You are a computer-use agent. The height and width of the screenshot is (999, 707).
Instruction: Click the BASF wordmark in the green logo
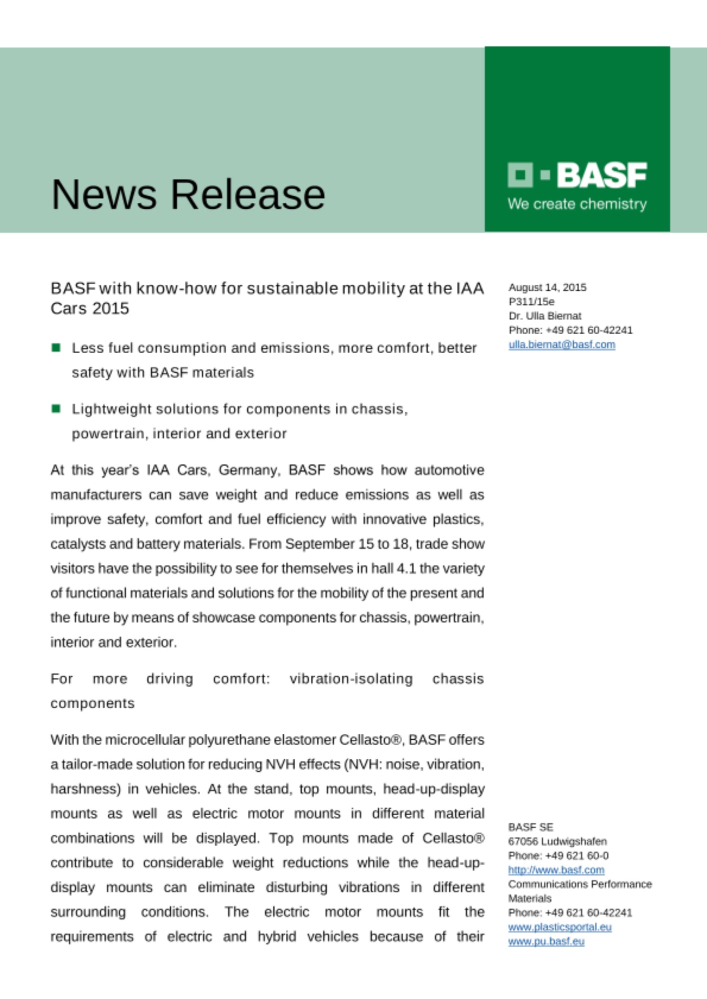point(601,175)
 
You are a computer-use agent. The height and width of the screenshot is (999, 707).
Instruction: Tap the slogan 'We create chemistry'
point(577,204)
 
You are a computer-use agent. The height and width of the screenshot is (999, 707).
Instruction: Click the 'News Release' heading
point(188,194)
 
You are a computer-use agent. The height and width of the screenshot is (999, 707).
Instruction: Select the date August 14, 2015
point(547,287)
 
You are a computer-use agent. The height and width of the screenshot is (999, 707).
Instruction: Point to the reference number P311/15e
point(531,302)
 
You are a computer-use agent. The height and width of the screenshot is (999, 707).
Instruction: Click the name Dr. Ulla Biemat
point(545,316)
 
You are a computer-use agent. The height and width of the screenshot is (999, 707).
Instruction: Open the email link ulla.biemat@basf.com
point(561,345)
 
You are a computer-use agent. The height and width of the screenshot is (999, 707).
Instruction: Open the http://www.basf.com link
point(556,870)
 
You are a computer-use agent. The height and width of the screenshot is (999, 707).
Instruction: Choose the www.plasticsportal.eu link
point(559,927)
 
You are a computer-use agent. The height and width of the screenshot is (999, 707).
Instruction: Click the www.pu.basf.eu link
point(546,941)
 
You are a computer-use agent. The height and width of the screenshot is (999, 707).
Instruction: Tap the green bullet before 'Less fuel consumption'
point(56,348)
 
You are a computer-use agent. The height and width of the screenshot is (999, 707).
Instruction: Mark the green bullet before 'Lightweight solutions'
point(56,409)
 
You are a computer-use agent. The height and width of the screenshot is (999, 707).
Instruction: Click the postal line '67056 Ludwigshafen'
point(557,841)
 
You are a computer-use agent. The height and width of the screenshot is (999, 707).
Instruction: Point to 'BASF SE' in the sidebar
point(530,827)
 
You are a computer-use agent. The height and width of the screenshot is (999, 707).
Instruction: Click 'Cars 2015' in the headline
point(90,309)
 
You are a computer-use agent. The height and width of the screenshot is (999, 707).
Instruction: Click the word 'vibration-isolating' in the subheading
point(351,679)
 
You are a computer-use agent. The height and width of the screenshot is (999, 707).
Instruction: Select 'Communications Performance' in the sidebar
point(580,884)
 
